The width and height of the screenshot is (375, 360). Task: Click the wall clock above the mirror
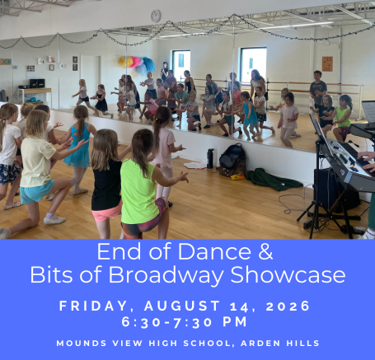tap(156, 16)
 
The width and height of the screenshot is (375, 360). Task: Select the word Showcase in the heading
tap(288, 275)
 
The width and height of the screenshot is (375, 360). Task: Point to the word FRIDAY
tap(93, 306)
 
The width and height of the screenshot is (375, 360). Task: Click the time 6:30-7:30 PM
tap(185, 322)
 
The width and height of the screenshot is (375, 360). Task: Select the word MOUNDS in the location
tap(82, 344)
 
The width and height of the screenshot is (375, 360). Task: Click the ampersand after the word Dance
tap(265, 251)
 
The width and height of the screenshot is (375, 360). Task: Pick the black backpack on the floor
tap(232, 160)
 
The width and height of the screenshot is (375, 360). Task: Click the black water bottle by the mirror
tap(210, 158)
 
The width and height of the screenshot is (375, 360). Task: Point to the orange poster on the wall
tap(327, 64)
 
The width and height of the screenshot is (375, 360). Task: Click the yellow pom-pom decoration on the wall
tap(124, 62)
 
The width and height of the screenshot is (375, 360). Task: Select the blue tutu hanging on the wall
tap(149, 66)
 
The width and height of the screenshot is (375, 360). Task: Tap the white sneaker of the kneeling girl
tap(54, 220)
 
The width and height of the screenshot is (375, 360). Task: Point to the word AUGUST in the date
tap(182, 306)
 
